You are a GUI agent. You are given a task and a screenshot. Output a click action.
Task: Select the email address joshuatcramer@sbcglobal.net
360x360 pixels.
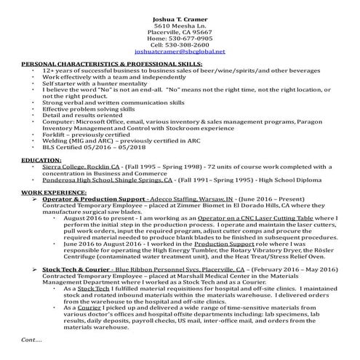180,52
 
